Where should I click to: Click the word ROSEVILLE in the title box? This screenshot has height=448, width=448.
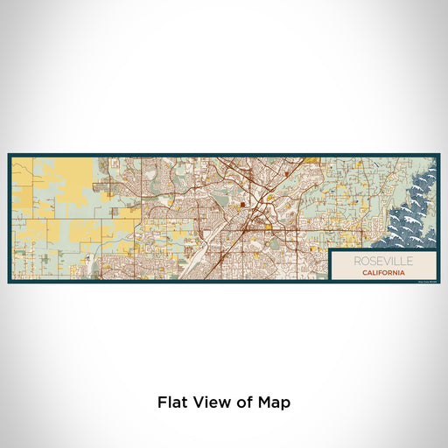click(384, 261)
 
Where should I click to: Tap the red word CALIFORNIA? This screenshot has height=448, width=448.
click(384, 272)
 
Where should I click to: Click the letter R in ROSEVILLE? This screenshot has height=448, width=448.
click(359, 261)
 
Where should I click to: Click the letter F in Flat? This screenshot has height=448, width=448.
click(162, 402)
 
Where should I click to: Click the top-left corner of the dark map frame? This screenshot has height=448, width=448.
click(9, 155)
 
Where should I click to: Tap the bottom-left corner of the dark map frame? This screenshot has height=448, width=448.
click(9, 283)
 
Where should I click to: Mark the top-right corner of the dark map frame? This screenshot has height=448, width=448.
click(439, 155)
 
